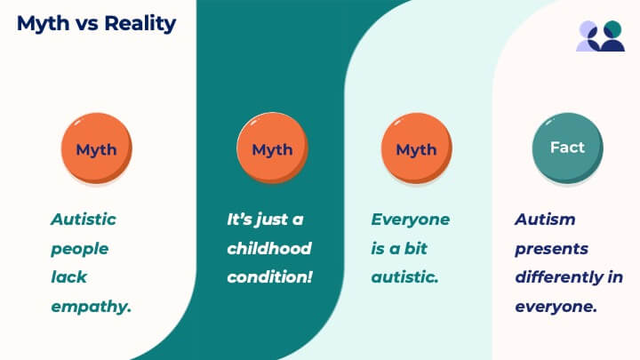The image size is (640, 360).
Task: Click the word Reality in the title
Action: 140,24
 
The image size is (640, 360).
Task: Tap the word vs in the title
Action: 86,24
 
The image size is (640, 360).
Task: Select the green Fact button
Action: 567,148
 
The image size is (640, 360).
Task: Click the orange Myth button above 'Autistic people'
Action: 96,148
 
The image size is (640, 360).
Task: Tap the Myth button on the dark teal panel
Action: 272,148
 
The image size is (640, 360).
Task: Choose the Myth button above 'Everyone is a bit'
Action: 416,148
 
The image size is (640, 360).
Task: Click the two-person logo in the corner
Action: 600,36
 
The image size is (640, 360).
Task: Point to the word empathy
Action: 91,307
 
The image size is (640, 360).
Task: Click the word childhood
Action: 269,248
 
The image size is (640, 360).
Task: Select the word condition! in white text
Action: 270,277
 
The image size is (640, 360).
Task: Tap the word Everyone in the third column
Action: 411,220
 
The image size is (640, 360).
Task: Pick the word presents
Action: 551,249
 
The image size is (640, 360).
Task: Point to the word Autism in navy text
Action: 545,220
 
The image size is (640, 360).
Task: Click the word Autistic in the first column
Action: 84,220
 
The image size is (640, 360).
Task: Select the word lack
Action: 69,277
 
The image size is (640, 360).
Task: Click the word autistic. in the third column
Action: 405,277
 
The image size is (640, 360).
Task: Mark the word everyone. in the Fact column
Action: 556,307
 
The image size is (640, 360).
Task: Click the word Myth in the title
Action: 44,24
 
